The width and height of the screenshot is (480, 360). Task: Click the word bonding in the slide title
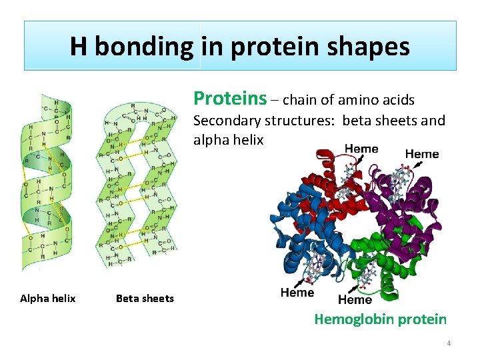click(143, 47)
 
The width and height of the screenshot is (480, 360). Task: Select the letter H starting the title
click(79, 47)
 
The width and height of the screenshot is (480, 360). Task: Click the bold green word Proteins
click(229, 99)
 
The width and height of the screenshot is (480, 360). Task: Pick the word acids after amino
click(399, 100)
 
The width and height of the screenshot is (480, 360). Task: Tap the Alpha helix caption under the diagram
click(47, 298)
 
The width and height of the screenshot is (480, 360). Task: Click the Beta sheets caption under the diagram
click(145, 298)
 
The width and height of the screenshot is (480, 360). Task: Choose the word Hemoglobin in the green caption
click(353, 319)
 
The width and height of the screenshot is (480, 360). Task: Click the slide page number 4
click(449, 343)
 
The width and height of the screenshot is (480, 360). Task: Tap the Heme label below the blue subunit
click(297, 293)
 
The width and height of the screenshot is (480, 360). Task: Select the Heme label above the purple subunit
click(421, 154)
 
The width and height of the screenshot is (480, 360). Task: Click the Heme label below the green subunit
click(355, 300)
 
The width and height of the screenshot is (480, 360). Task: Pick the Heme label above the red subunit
click(361, 149)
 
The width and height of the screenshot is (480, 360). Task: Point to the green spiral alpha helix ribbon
click(47, 180)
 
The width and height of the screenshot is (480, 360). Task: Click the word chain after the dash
click(301, 100)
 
